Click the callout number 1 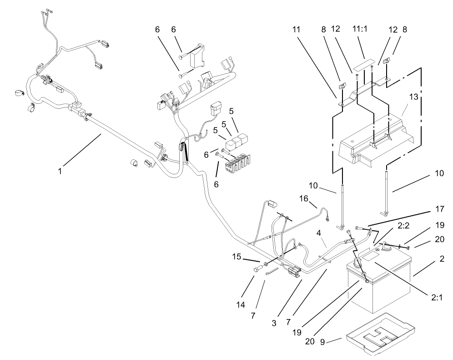pyautogui.click(x=60, y=172)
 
